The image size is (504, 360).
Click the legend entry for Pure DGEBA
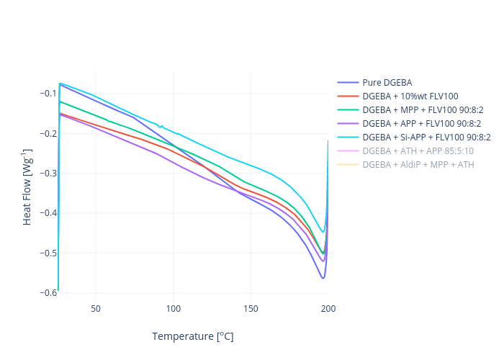[387, 82]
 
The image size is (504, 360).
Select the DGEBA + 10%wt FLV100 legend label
[410, 96]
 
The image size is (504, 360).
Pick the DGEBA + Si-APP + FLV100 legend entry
[426, 137]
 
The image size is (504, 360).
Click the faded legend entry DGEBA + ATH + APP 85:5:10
[418, 150]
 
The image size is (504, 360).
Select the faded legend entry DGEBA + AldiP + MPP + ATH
[418, 164]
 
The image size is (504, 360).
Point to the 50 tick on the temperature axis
[96, 309]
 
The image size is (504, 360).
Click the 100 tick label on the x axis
[174, 309]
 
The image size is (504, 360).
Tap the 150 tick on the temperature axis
[251, 309]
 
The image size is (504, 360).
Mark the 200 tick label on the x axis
[328, 309]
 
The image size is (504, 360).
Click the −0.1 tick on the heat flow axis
[48, 94]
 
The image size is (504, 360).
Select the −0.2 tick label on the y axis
[48, 133]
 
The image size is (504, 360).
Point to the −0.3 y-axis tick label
[48, 174]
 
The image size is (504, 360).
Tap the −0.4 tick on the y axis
[48, 213]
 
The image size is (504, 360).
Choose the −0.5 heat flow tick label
[48, 253]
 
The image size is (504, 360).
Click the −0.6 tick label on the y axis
[48, 292]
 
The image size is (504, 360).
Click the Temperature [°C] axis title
[192, 336]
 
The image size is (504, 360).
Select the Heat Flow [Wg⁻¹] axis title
[27, 194]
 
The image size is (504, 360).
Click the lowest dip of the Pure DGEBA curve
[323, 278]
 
